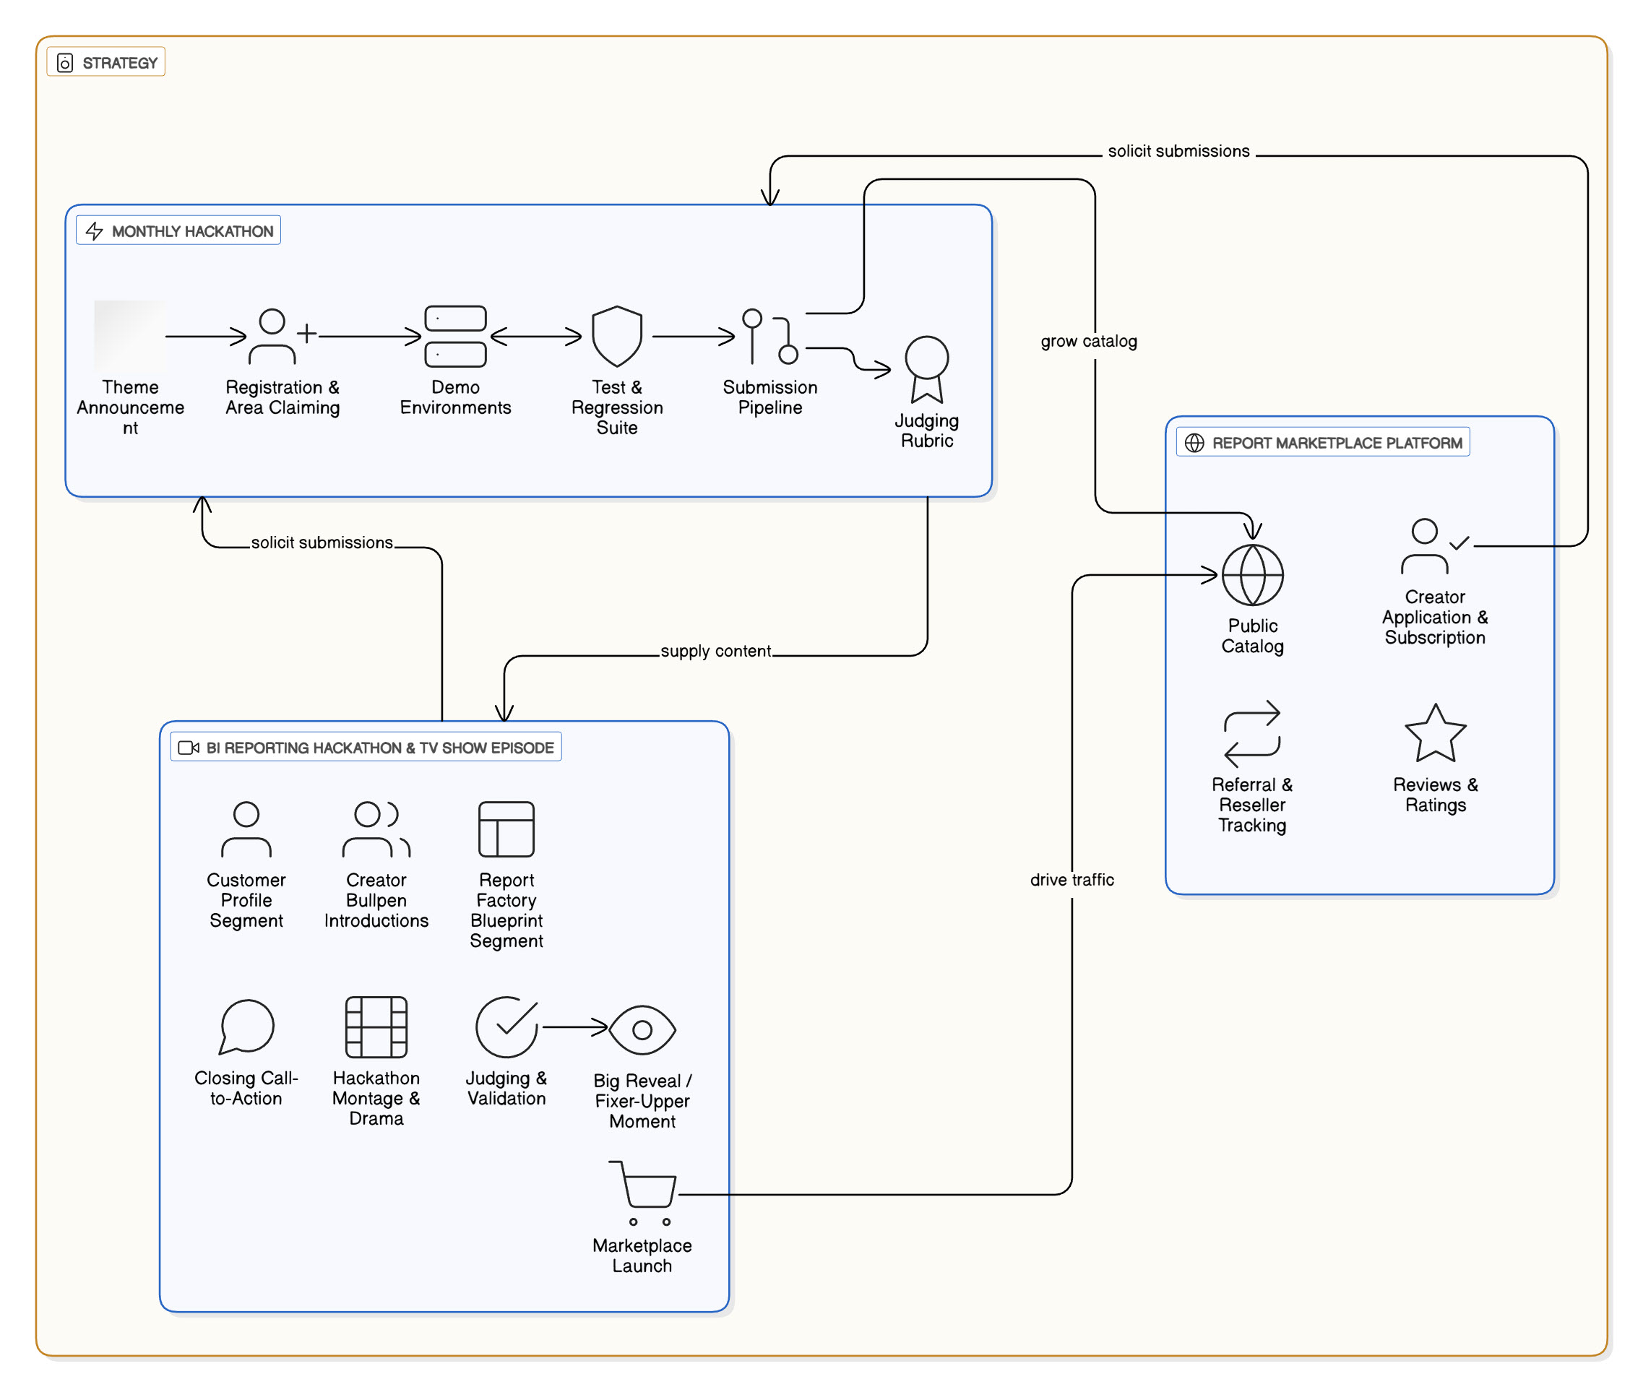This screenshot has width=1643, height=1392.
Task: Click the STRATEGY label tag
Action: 105,62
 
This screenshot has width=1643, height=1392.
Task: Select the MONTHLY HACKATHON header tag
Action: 178,231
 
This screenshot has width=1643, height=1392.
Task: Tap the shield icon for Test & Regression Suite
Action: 616,336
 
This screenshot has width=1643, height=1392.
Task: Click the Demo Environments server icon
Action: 455,336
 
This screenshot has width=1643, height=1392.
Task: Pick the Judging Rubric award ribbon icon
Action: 926,368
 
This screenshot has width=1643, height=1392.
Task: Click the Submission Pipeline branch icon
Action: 769,336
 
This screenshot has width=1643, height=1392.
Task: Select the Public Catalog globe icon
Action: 1252,575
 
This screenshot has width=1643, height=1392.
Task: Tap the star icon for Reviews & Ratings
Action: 1435,734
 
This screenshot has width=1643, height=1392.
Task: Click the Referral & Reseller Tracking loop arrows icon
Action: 1251,734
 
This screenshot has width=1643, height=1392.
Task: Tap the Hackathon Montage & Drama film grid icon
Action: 376,1026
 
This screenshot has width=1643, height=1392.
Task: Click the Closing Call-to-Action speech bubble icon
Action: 246,1026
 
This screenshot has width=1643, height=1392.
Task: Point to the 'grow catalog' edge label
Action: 1088,341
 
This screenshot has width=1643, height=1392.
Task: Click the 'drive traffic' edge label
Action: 1071,879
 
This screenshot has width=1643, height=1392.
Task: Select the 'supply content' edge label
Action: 715,651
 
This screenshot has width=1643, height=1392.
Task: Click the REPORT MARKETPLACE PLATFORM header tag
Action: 1323,443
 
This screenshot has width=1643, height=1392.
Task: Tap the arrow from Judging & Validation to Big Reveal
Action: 574,1026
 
